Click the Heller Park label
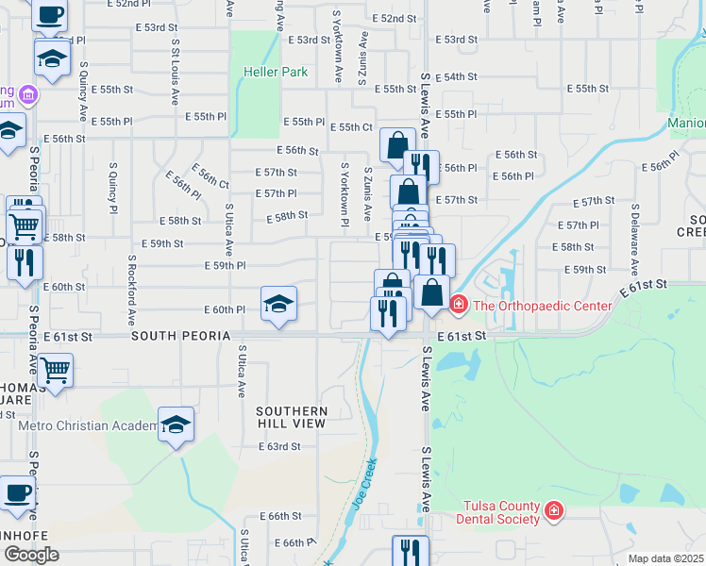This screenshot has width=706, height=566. (276, 72)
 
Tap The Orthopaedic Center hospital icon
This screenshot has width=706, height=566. (458, 305)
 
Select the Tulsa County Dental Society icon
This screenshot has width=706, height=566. (554, 511)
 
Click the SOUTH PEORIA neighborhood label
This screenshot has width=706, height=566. (181, 336)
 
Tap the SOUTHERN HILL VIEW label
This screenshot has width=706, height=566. (292, 417)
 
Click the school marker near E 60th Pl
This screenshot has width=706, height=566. (278, 305)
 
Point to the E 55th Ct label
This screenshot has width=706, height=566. (356, 127)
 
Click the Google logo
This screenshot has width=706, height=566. (31, 555)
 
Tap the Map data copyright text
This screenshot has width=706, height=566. (665, 558)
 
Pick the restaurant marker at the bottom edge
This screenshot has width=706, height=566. (410, 552)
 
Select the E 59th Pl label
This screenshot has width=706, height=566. (226, 266)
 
